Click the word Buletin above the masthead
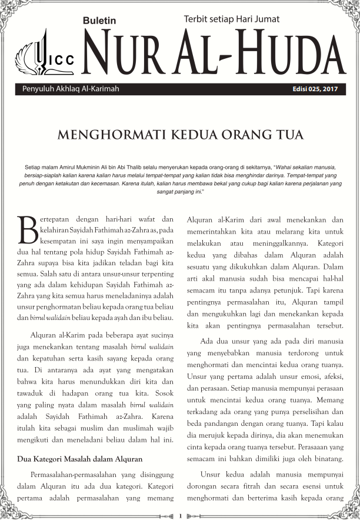point(99,20)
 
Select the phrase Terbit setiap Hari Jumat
point(231,19)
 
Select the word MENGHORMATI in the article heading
point(99,135)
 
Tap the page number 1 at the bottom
point(180,515)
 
